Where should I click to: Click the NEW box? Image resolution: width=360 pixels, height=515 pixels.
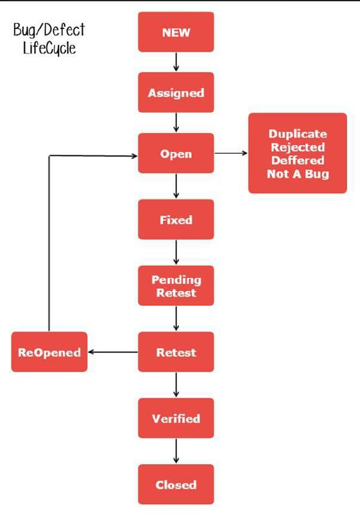click(x=176, y=32)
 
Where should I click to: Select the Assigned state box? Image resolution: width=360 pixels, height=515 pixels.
click(x=176, y=92)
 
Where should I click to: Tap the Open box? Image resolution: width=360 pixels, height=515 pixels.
click(x=176, y=153)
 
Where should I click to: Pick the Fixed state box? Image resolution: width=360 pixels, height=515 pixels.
click(x=176, y=219)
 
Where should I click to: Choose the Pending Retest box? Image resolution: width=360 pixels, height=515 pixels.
click(x=176, y=285)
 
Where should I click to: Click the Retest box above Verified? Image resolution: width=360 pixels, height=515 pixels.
click(x=176, y=351)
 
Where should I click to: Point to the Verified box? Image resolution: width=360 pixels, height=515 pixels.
click(x=176, y=418)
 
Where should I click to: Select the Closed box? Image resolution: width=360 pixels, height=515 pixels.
click(x=176, y=484)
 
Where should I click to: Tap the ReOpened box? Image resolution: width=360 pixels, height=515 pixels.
click(x=50, y=351)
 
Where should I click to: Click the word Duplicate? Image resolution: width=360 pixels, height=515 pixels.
click(x=298, y=134)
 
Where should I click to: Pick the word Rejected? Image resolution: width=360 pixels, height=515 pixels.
click(x=298, y=147)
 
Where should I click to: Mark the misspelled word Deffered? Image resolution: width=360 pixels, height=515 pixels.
click(x=298, y=160)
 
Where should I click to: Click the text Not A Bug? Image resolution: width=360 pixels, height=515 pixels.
click(x=298, y=174)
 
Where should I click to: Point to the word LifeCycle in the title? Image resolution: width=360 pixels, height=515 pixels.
click(x=50, y=48)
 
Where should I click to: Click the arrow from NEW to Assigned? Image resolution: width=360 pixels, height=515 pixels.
click(x=176, y=62)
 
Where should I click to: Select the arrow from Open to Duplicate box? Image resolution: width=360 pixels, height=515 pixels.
click(x=231, y=153)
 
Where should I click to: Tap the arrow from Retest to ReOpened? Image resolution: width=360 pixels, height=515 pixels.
click(x=113, y=351)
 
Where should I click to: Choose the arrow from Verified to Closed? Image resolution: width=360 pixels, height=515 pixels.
click(x=176, y=451)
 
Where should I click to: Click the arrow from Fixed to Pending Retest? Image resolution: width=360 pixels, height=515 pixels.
click(x=176, y=252)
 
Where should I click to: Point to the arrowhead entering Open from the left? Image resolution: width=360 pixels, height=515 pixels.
click(x=135, y=156)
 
